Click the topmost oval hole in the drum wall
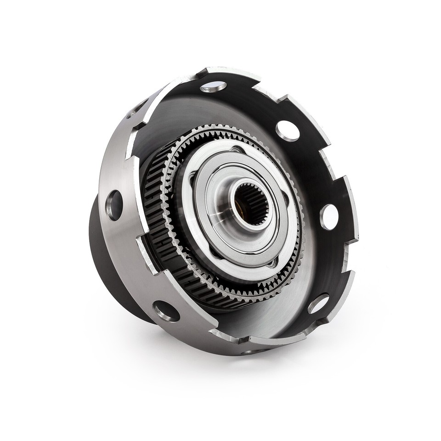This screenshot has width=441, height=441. (213, 86)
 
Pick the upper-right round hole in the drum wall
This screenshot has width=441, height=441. (288, 130)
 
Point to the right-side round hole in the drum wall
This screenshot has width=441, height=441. (329, 216)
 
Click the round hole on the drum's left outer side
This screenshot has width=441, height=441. (114, 205)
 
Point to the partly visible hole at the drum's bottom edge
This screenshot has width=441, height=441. (252, 351)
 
